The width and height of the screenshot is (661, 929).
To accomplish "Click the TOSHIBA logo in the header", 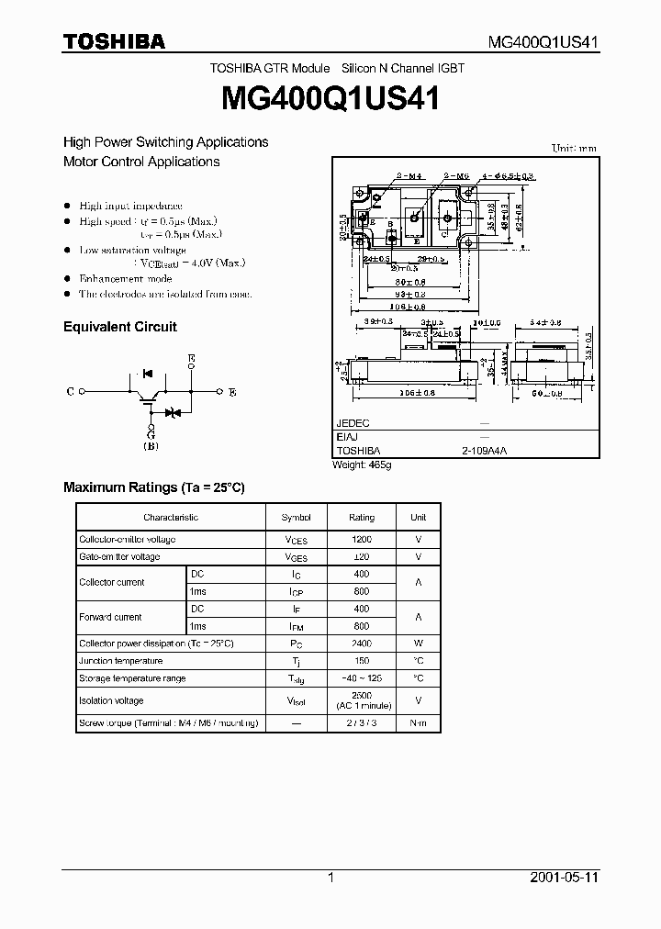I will (114, 41).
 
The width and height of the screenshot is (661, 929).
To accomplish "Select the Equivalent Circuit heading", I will (119, 327).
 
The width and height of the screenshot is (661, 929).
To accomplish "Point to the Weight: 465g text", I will (362, 465).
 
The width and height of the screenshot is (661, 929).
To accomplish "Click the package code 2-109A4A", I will (484, 451).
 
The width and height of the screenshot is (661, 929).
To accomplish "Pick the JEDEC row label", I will (353, 424).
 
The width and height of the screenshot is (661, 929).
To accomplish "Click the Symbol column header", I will (297, 518).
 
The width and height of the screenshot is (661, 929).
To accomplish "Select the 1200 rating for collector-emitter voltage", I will (362, 540).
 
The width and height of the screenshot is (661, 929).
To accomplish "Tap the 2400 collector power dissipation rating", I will (362, 644).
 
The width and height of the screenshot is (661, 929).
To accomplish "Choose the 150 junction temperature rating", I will (362, 661).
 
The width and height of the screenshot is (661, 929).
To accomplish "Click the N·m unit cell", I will (418, 723).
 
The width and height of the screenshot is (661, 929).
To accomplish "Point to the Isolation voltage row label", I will (111, 700).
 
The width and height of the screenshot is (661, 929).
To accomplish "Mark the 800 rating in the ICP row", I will (362, 592).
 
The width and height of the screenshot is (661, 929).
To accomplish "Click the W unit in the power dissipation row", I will (418, 644).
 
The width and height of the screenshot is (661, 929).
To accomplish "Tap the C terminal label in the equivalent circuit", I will (71, 392).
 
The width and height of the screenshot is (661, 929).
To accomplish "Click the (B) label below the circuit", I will (151, 446).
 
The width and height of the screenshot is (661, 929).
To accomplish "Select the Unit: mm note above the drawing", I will (574, 148).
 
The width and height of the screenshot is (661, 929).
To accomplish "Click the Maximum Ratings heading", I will (153, 487).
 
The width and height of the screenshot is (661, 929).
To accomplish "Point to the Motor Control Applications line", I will (141, 162).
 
